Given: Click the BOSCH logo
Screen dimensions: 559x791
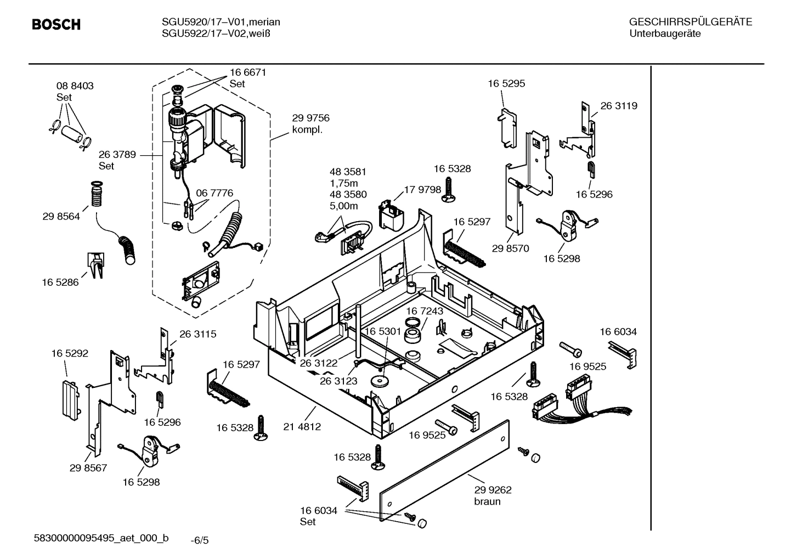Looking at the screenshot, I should point(56,25).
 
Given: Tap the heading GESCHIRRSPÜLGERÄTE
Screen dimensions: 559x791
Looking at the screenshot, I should point(690,22).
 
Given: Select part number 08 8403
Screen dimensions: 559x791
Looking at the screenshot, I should point(75,86).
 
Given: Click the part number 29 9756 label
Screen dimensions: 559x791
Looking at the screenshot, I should point(310,118).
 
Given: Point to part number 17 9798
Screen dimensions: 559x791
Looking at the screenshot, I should point(422,190).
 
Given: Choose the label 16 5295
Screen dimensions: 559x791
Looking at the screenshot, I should point(506,83).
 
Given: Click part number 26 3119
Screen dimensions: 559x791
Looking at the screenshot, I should point(619,106).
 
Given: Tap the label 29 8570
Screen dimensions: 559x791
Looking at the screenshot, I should point(510,249).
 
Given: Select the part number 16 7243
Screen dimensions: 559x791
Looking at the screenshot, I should point(424,311).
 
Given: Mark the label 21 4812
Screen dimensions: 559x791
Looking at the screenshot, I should point(302,426).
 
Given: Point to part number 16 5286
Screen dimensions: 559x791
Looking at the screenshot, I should point(60,283).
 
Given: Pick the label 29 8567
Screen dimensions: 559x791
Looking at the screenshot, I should point(88,468).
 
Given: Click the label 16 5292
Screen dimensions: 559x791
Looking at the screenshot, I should point(70,354).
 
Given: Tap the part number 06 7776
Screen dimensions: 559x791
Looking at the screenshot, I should point(214,193).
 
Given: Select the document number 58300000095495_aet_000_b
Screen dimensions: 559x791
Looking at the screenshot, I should point(101,538).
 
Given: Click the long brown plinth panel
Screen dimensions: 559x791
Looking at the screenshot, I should point(444,469).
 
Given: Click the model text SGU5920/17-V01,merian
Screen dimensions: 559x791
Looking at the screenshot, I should point(221,22).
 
